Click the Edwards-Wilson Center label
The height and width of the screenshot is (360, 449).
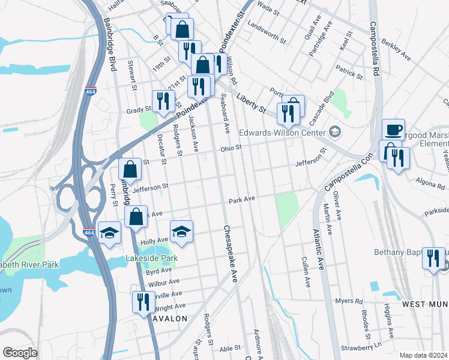[281, 133]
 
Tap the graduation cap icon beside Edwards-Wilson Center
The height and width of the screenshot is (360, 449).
[334, 132]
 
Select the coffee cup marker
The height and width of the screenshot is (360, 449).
[393, 130]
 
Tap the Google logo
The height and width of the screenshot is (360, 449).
[20, 353]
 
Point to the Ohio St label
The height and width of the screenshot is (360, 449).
[231, 148]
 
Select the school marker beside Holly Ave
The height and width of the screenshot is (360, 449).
[181, 231]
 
